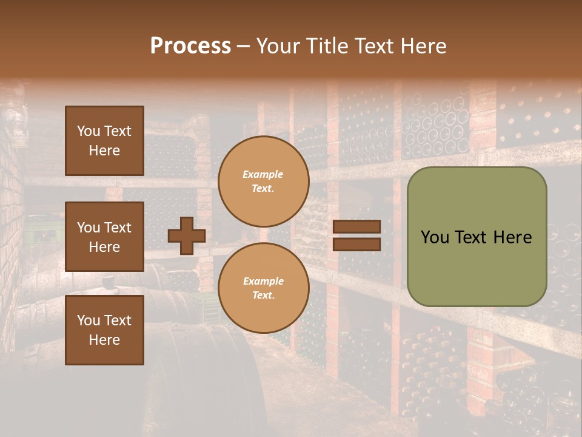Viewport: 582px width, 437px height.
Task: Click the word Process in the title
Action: (x=190, y=46)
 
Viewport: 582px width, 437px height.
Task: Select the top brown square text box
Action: (x=104, y=141)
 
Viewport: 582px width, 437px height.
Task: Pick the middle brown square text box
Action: (x=104, y=237)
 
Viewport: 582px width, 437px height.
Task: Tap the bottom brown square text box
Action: (x=104, y=330)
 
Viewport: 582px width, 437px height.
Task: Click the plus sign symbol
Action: (x=187, y=235)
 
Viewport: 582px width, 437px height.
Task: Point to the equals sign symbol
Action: (x=356, y=235)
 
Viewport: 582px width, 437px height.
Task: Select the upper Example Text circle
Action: (x=263, y=181)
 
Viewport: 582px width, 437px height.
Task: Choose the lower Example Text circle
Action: (x=263, y=288)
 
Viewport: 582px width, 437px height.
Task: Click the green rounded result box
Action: (x=477, y=237)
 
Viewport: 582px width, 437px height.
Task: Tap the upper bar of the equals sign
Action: (x=356, y=226)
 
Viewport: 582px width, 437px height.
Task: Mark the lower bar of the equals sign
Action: (x=356, y=244)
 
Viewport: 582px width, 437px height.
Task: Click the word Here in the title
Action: (x=424, y=46)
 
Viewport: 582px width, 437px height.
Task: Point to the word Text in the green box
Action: (x=474, y=237)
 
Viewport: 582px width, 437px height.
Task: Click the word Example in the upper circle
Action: (x=263, y=174)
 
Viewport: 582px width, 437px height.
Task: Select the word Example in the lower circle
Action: (x=263, y=281)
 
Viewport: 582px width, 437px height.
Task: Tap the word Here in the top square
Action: (x=104, y=151)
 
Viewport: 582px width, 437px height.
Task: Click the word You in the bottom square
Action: (x=89, y=320)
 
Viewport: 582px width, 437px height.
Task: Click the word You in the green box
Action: (x=435, y=237)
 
